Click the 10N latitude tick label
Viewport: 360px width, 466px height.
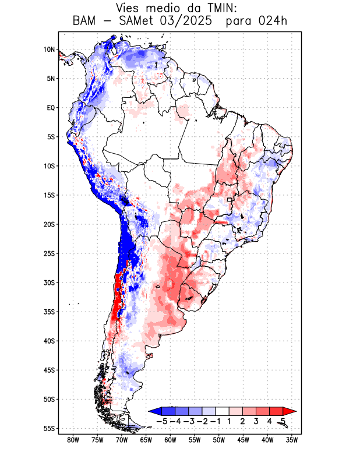pos(49,50)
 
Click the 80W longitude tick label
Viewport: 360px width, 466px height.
pos(73,440)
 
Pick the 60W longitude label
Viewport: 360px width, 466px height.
pos(170,440)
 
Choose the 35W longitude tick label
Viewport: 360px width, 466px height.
pos(291,440)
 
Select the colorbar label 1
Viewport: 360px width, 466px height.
pos(230,421)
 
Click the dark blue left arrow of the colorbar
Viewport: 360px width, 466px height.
pos(153,411)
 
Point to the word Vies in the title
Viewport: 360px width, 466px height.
pos(130,8)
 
